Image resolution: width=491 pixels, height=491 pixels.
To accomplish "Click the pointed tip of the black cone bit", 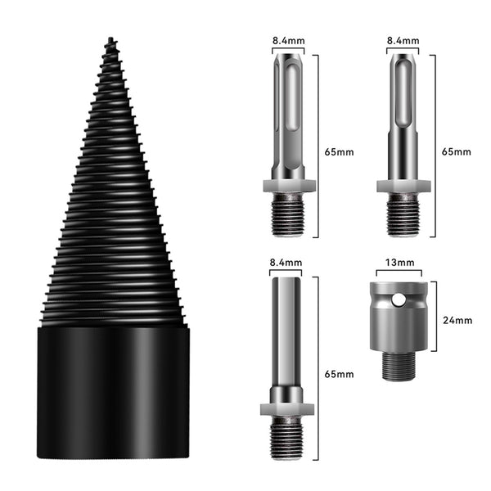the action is pyautogui.click(x=110, y=38).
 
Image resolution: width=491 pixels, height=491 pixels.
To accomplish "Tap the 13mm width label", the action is pyautogui.click(x=399, y=263).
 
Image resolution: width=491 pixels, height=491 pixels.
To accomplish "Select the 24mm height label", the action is pyautogui.click(x=457, y=320).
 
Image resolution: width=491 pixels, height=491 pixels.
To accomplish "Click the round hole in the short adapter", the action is pyautogui.click(x=398, y=300).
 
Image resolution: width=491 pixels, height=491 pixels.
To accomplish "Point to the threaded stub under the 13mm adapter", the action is pyautogui.click(x=399, y=365).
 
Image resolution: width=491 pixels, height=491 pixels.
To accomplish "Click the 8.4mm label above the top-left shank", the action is pyautogui.click(x=288, y=41).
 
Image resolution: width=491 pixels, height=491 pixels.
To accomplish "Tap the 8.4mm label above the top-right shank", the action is pyautogui.click(x=403, y=41).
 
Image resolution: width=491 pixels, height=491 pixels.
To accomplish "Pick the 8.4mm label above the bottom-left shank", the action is pyautogui.click(x=286, y=263).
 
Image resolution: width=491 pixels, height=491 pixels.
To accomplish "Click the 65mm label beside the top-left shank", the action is pyautogui.click(x=339, y=152).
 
